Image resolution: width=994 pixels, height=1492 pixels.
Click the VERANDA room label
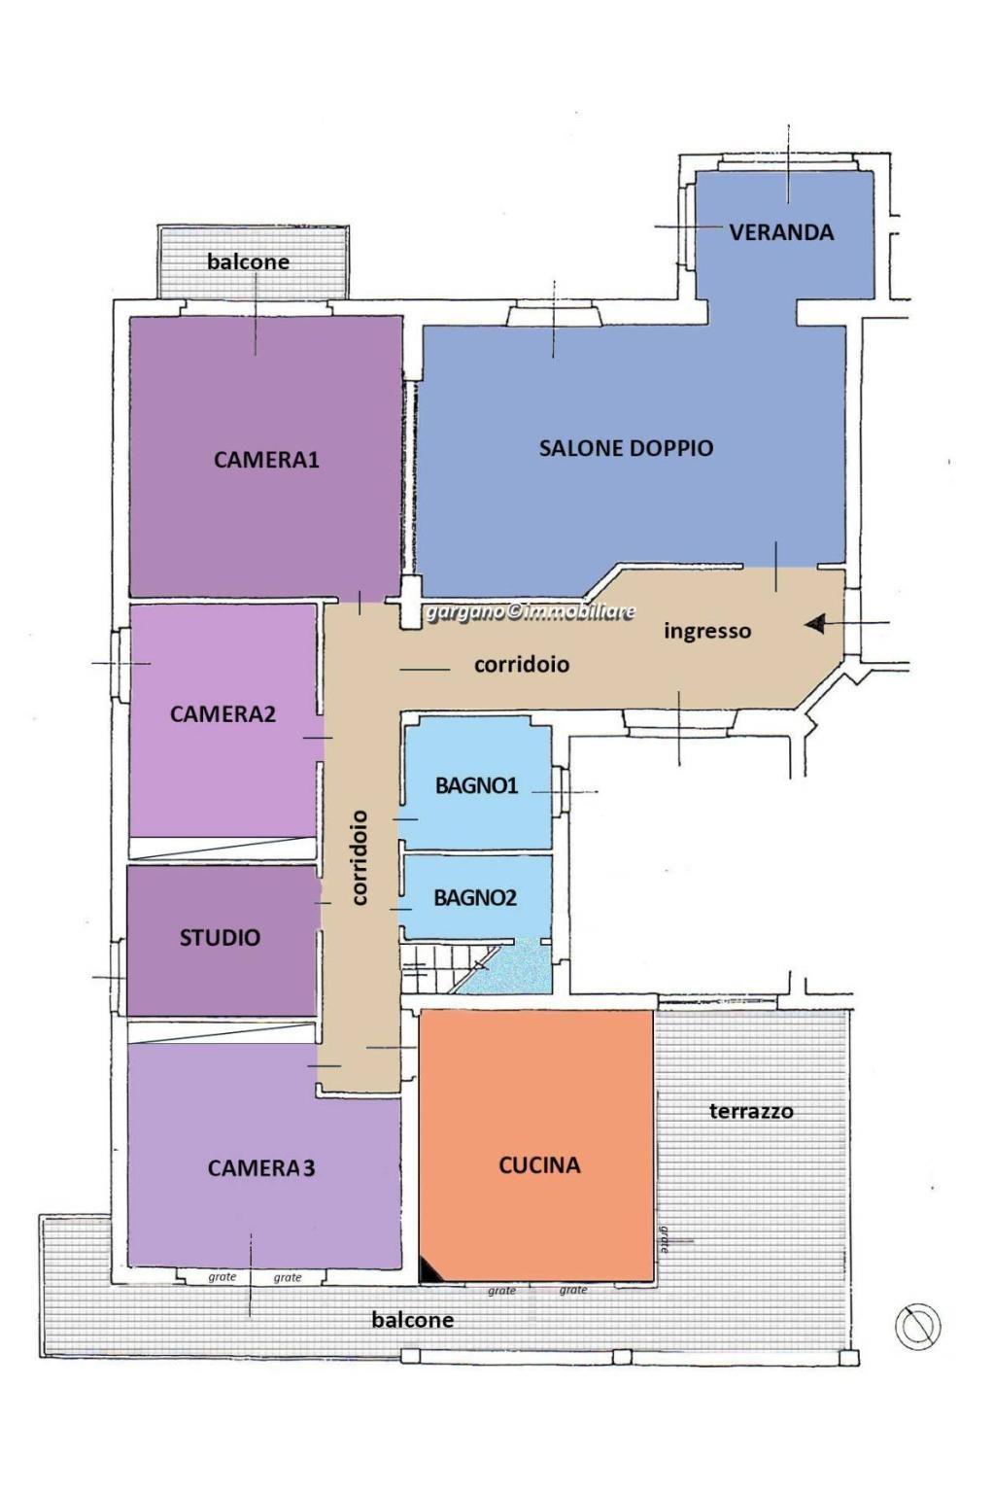pos(781,231)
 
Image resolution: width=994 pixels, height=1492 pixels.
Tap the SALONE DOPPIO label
pos(626,447)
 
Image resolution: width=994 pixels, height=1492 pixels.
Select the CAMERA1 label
pos(266,460)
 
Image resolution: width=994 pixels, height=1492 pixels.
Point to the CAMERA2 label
pos(223,714)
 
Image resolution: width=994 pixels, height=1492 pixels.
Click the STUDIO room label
pos(220,938)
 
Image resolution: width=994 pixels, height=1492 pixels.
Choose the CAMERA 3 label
pos(261,1167)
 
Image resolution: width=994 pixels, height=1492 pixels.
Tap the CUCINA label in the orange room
pos(539,1165)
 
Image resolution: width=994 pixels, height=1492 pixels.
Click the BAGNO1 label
pos(476,786)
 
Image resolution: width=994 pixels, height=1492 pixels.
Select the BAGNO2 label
pos(475,898)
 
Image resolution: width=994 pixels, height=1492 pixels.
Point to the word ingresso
pos(707,630)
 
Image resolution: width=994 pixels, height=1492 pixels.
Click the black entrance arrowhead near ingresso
pos(815,624)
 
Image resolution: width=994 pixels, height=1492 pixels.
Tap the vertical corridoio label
pos(359,857)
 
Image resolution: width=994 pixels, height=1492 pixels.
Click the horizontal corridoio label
pos(522,664)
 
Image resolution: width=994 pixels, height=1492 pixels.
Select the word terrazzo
pos(751,1111)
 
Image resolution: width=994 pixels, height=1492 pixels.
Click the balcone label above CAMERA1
pos(248,261)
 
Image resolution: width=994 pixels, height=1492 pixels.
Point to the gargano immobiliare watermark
pos(530,611)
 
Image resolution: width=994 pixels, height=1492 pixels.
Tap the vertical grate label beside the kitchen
pos(664,1239)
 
